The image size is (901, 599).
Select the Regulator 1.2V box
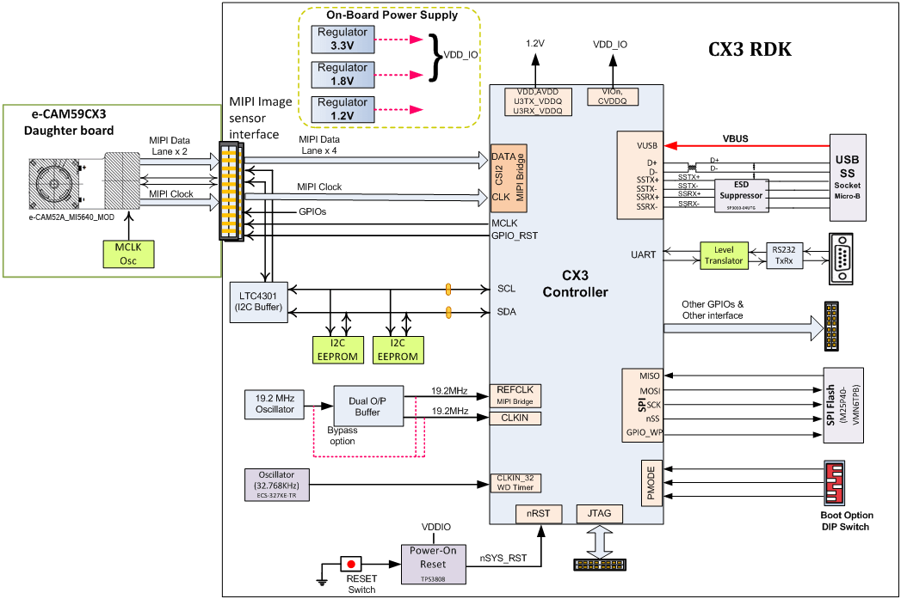pos(343,109)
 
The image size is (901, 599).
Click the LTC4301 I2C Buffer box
pos(260,303)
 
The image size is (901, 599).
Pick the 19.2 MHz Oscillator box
pos(275,404)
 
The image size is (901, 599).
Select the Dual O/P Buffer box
pos(368,406)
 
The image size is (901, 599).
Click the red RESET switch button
pos(351,565)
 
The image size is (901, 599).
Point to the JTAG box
pos(599,514)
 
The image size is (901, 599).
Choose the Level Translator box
pos(722,255)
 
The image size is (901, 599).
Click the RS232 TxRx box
pos(785,255)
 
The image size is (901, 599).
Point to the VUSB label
pos(647,146)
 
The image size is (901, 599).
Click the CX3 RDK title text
pos(750,50)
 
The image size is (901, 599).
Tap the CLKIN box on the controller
pos(515,419)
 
